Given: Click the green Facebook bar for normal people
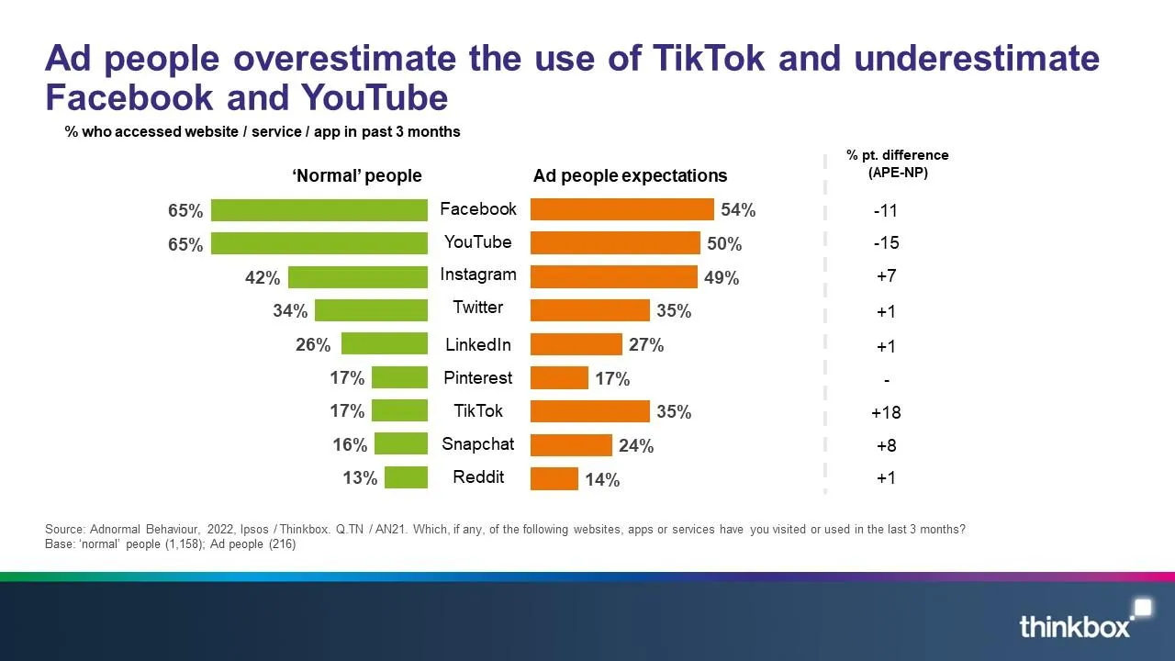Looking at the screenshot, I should (319, 210).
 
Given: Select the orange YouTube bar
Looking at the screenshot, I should (615, 243).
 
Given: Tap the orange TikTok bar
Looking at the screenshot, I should (589, 411).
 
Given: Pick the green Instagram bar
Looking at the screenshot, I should (358, 277).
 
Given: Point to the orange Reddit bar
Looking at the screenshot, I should (554, 478).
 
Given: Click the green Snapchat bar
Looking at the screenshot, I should (401, 444).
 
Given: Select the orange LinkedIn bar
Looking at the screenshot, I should (576, 344).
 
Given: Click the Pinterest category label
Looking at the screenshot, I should (477, 377).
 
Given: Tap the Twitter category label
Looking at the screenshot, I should (477, 307).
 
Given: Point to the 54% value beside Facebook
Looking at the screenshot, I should (738, 210).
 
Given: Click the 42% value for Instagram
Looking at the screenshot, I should (263, 278).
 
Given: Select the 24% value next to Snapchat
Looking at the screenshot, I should (636, 446).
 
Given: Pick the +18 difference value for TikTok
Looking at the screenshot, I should (886, 412).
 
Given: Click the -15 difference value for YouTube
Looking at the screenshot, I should (886, 243).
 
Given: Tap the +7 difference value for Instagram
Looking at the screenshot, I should (886, 276).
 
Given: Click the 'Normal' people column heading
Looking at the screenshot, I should (357, 175).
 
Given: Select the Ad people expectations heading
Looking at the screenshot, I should (630, 175).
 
